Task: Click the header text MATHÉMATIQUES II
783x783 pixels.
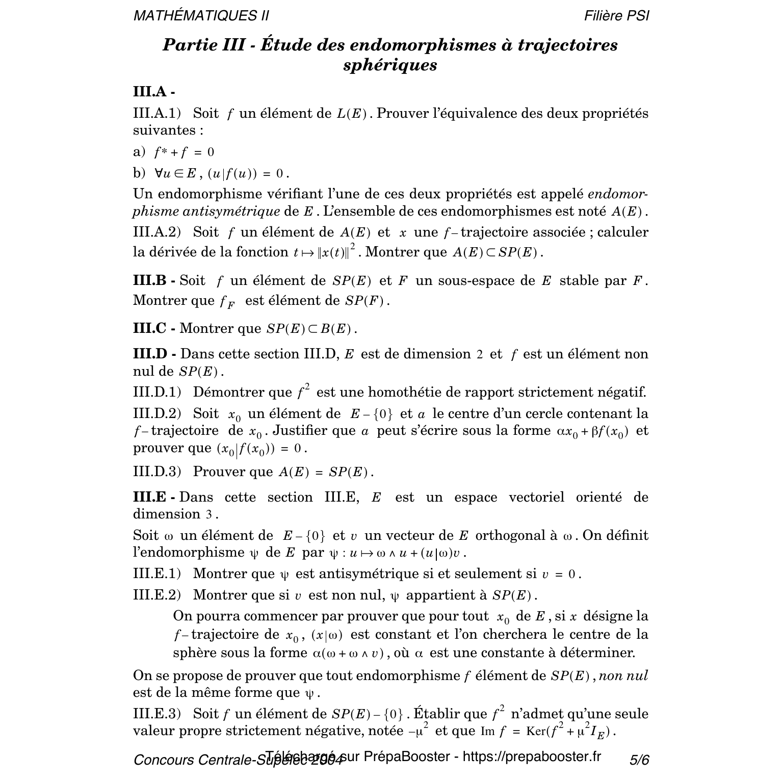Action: point(201,16)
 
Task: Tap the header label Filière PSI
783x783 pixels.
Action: point(616,16)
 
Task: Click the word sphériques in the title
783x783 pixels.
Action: point(390,65)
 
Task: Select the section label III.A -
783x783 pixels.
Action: point(154,92)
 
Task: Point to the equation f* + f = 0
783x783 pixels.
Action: point(184,152)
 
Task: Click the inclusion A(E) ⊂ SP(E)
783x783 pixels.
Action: point(498,252)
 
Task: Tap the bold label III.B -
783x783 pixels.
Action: point(154,281)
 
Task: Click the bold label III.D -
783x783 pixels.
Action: point(154,354)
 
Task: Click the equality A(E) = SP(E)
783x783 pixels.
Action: point(326,472)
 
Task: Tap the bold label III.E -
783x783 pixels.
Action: point(154,497)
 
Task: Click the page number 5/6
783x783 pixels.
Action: point(639,760)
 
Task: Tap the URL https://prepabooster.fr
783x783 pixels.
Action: point(532,756)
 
